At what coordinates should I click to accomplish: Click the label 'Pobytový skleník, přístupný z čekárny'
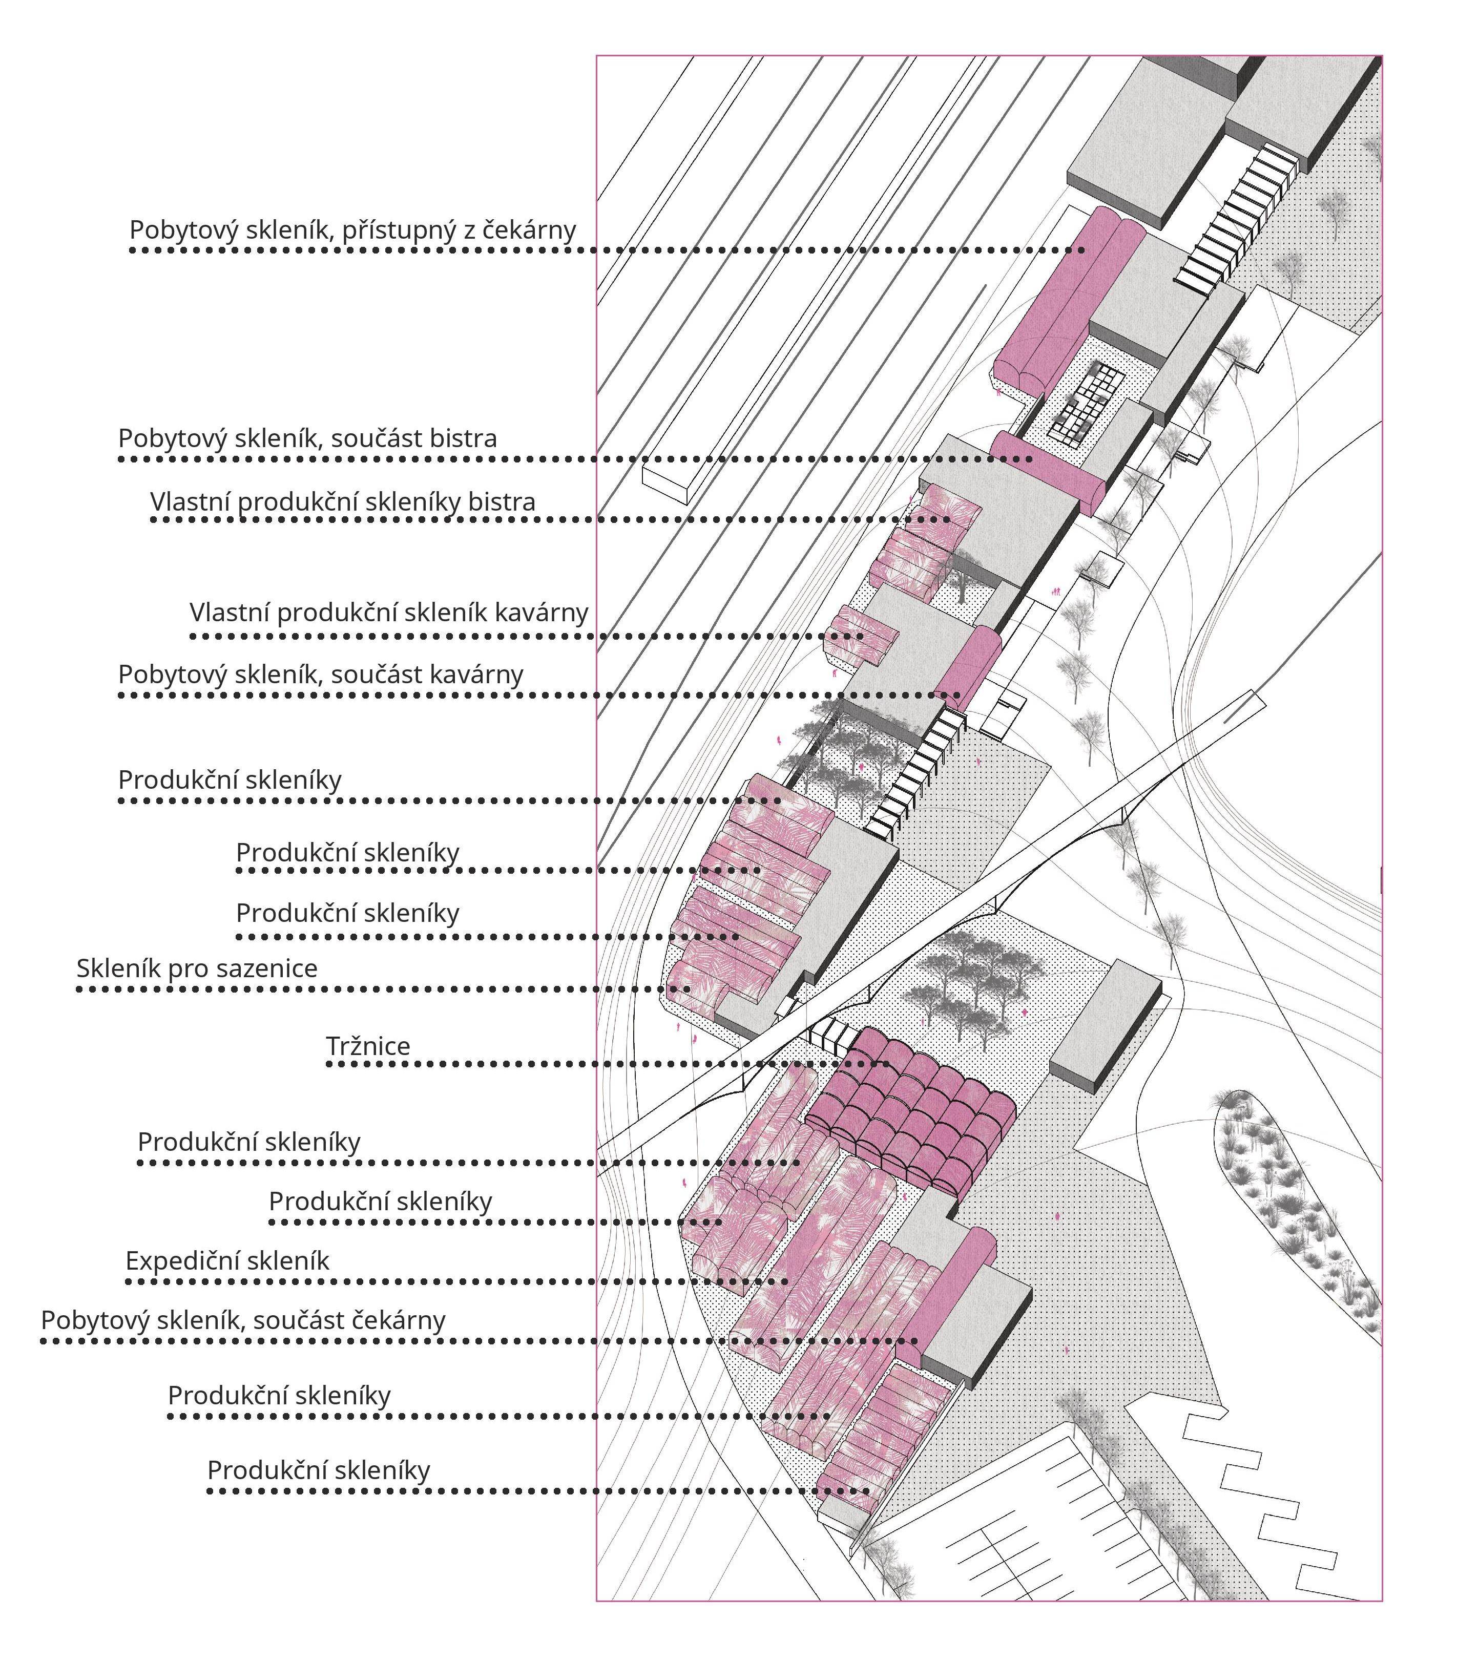[352, 230]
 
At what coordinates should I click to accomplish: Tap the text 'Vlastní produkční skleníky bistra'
[343, 502]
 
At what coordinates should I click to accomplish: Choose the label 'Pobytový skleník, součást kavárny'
[321, 675]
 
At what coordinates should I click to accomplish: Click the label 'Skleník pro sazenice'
[197, 969]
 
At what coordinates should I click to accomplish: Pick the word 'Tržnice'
[368, 1046]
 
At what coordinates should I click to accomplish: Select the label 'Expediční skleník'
[227, 1261]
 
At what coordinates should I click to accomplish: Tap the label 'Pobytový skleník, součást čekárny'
[243, 1320]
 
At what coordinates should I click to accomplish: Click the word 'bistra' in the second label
[460, 439]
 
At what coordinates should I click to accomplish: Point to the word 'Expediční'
[177, 1261]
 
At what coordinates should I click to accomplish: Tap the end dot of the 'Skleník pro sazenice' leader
[688, 989]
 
